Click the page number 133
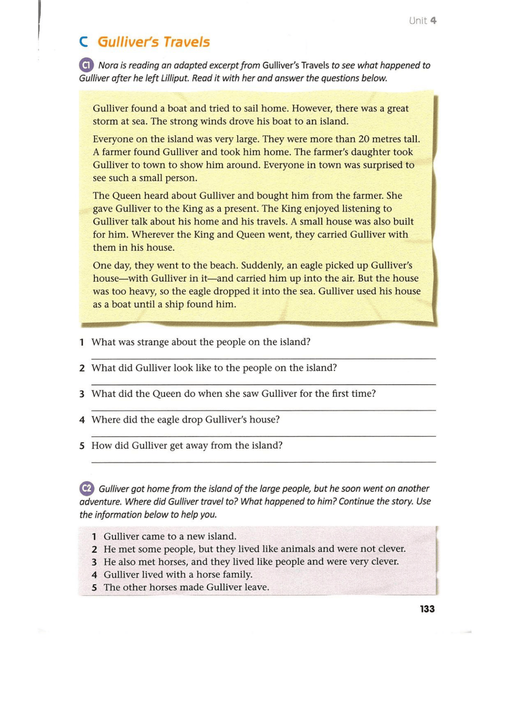[427, 609]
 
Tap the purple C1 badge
[86, 65]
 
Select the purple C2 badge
[87, 488]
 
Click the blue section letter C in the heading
[84, 42]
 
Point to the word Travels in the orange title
[187, 42]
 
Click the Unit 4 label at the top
[422, 21]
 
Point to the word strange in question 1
[153, 342]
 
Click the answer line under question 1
[263, 358]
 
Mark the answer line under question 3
[263, 410]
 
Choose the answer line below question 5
[263, 462]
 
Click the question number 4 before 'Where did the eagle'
[82, 420]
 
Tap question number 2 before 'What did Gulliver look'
[82, 368]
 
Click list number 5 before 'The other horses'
[94, 587]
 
